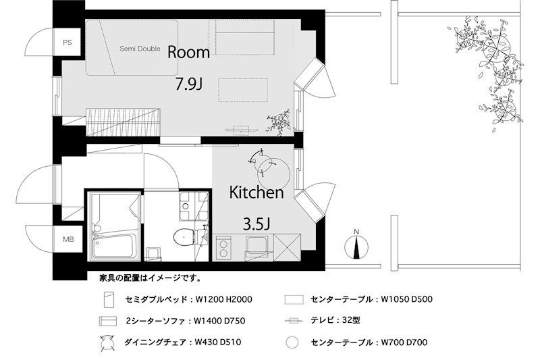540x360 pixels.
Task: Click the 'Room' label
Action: [188, 52]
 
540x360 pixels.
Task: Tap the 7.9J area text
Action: [189, 85]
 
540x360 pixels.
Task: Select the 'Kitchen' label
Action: [256, 192]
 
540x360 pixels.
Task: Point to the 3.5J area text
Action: [256, 222]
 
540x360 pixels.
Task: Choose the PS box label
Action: [67, 43]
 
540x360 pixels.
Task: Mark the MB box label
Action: [68, 239]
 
